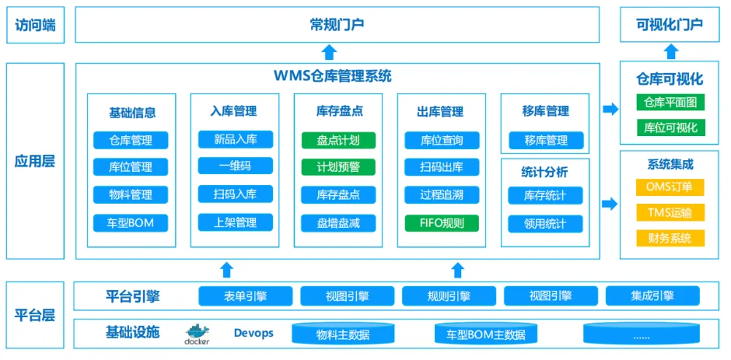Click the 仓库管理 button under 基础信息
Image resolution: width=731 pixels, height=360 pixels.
[131, 141]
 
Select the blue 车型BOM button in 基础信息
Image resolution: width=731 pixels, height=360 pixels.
[131, 223]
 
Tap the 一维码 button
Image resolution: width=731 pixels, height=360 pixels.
[235, 166]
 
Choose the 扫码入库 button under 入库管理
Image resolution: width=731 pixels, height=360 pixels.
[235, 194]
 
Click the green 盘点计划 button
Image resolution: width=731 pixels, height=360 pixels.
[338, 141]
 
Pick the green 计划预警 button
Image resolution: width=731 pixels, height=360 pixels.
[338, 167]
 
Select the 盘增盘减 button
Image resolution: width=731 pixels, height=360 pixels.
[338, 223]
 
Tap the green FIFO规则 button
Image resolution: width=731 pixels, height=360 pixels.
[442, 223]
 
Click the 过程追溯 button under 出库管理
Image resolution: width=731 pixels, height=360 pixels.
[442, 194]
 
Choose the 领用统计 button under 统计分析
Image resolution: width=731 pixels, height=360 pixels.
[545, 224]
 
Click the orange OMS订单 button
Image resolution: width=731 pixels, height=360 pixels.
[670, 187]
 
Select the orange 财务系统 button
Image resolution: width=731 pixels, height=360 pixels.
[670, 238]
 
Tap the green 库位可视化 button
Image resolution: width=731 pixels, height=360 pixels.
[670, 128]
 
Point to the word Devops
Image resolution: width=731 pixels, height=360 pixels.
[254, 333]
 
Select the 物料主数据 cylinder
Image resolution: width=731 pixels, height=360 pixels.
[343, 334]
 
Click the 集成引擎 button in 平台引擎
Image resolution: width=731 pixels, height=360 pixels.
[652, 295]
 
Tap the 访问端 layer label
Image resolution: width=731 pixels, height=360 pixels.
[36, 25]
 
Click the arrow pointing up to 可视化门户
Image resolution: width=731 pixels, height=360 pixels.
[670, 52]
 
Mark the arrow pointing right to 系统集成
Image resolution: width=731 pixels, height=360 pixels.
[610, 204]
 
